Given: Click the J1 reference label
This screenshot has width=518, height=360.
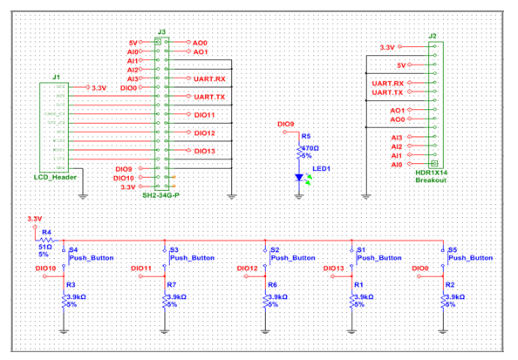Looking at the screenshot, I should click(x=56, y=77).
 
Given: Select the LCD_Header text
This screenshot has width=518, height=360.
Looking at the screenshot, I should click(x=54, y=179).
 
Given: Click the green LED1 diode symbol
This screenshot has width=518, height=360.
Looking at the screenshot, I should click(x=299, y=178).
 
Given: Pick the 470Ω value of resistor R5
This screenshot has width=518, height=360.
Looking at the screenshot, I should click(x=310, y=148).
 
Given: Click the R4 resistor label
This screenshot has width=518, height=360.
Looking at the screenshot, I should click(x=47, y=233).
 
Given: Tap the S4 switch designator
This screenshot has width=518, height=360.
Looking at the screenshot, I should click(x=73, y=249).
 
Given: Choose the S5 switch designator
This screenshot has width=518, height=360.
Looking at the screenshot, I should click(x=453, y=249).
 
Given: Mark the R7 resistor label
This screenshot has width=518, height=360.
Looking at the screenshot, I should click(x=172, y=285).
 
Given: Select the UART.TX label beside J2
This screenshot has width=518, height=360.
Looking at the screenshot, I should click(x=387, y=92).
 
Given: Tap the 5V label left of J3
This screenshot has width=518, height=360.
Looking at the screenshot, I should click(x=133, y=42).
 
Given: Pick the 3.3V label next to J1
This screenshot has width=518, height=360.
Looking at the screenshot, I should click(x=99, y=88).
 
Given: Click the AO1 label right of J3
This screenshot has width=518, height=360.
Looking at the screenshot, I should click(x=201, y=52).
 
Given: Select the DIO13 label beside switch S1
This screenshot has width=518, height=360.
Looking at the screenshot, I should click(x=337, y=268).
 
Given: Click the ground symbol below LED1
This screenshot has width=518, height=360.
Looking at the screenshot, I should click(x=299, y=196).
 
